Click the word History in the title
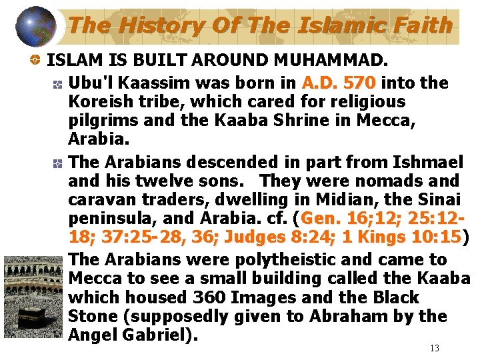click(x=155, y=25)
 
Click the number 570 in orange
click(x=361, y=83)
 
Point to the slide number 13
click(x=435, y=348)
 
